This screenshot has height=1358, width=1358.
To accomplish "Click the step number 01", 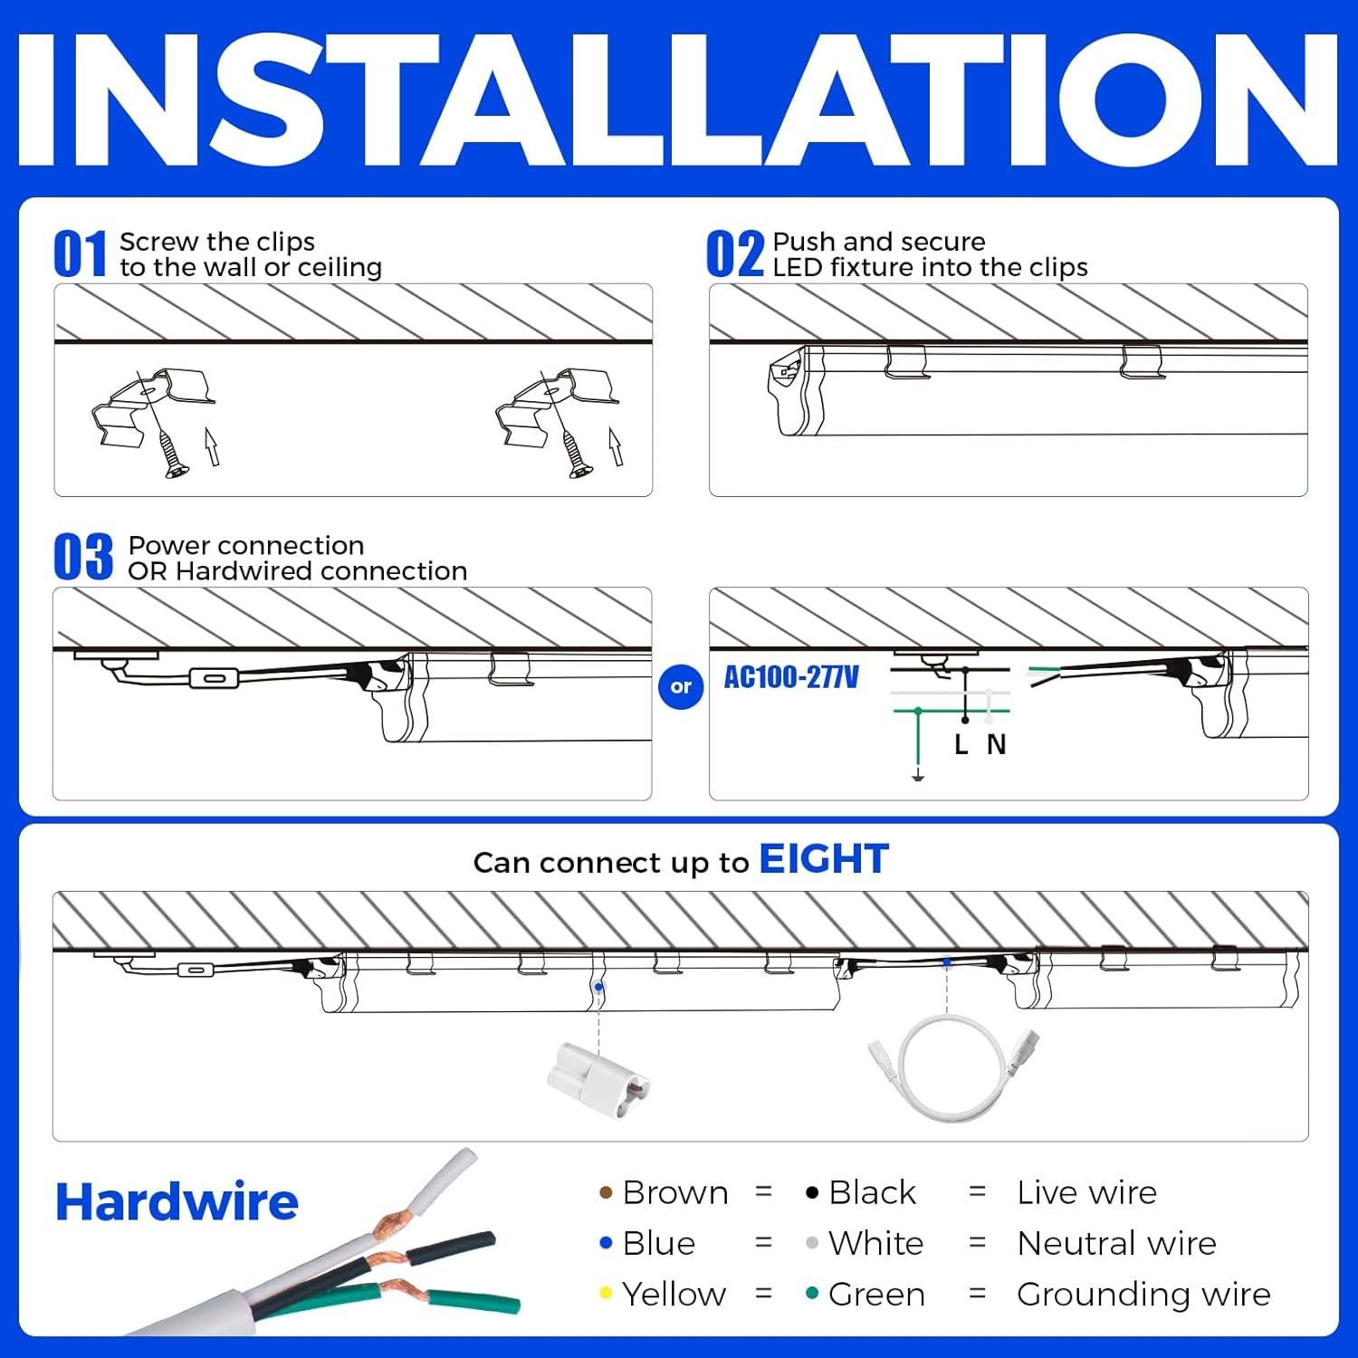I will [x=80, y=254].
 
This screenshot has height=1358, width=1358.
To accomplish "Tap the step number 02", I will [x=734, y=254].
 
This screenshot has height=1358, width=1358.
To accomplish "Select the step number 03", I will [x=82, y=558].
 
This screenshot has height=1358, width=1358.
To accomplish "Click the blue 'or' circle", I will [x=681, y=687].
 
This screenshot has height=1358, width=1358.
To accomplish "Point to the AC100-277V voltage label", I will [x=791, y=677].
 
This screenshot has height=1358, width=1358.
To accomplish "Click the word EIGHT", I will [x=823, y=859].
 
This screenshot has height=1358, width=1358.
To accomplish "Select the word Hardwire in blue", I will [x=177, y=1201].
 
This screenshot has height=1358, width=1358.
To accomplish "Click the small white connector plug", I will [x=598, y=1072].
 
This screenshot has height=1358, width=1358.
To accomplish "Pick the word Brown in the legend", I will [x=674, y=1193].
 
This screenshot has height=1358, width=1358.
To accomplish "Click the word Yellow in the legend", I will [x=673, y=1295].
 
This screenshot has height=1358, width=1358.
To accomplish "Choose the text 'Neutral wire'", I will [x=1116, y=1244].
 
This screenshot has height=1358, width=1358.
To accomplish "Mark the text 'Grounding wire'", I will [x=1143, y=1295].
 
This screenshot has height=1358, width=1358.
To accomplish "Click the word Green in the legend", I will [x=875, y=1295].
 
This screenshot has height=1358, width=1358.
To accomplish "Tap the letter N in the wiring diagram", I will [x=996, y=745].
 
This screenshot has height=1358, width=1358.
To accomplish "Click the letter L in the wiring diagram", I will [x=961, y=745].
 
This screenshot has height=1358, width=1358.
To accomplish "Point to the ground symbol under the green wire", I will [x=918, y=775].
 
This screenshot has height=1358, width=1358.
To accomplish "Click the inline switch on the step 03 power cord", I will [x=214, y=678].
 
